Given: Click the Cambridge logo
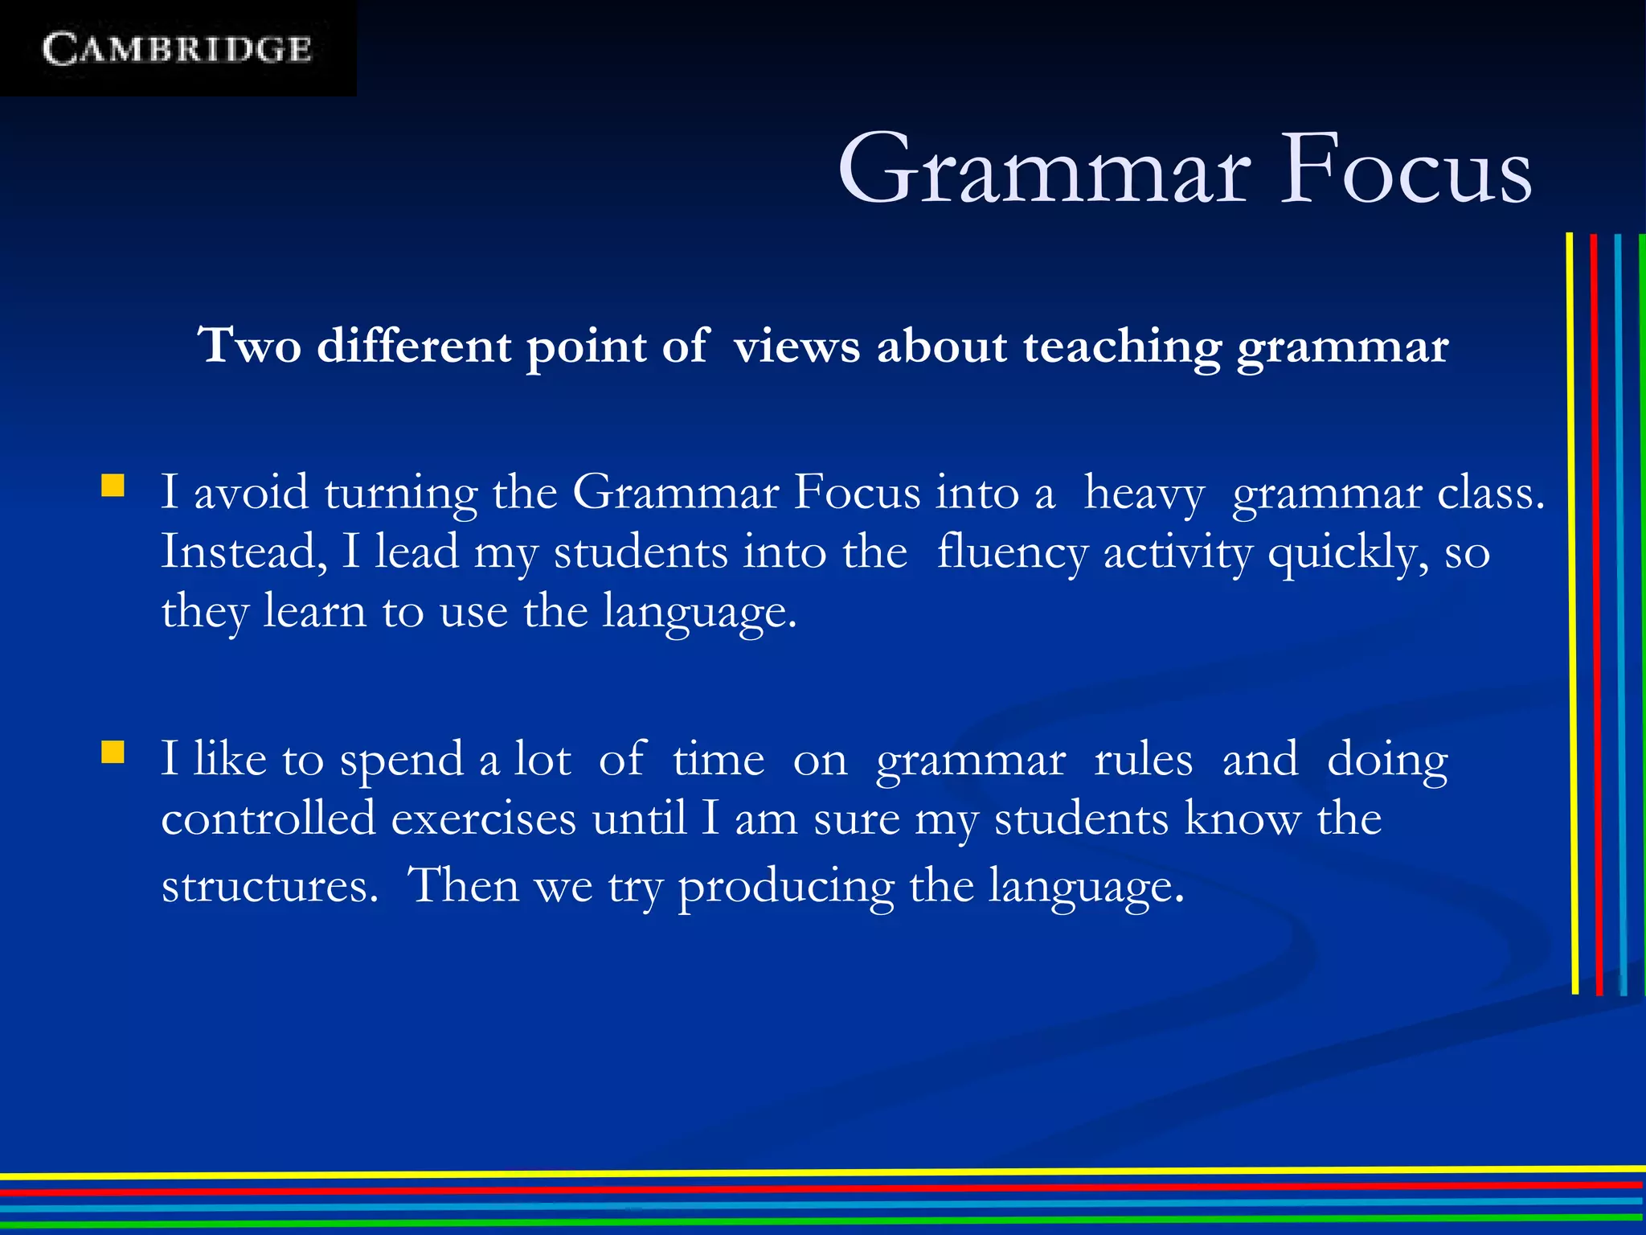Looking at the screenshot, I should point(177,49).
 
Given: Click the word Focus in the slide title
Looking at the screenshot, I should point(1405,170).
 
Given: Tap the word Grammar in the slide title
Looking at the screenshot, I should point(1043,170).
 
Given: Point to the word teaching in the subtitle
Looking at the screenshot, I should point(1122,347).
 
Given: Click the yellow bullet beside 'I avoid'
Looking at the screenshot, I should point(113,486).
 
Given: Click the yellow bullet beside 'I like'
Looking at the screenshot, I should point(113,753).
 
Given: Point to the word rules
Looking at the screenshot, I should point(1143,759).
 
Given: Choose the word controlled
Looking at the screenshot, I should point(268,819).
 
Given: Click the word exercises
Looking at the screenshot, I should point(484,819).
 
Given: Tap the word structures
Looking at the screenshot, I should point(269,886).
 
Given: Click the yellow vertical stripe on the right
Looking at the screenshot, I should point(1572,611).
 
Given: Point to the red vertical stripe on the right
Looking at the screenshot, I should point(1596,611).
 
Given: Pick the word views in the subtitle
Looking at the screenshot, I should point(796,347).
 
